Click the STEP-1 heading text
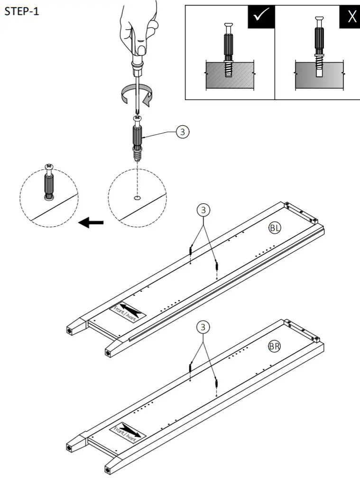(x=21, y=11)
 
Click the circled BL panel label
(x=275, y=229)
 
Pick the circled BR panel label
(x=274, y=347)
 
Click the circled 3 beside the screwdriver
(x=182, y=132)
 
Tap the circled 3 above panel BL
(x=203, y=209)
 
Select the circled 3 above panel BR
(x=203, y=327)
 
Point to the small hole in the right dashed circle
(x=137, y=198)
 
